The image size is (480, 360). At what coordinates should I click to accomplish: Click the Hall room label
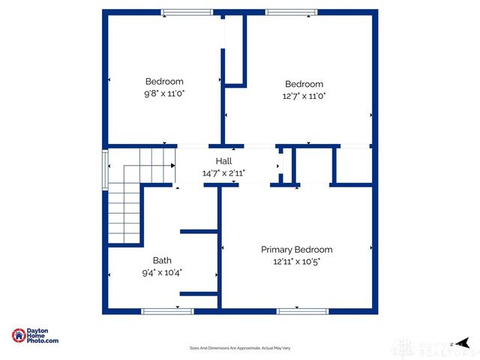click(x=223, y=161)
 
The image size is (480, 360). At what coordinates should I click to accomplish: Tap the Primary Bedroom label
click(x=296, y=250)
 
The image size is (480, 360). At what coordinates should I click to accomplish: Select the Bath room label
click(x=163, y=260)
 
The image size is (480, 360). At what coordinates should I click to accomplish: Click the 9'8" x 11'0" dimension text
click(x=164, y=94)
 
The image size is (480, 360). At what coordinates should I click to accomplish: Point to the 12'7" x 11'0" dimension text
click(x=304, y=96)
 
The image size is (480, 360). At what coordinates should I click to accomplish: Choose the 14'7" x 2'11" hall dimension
click(x=223, y=173)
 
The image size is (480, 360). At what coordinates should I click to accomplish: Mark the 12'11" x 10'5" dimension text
click(x=296, y=262)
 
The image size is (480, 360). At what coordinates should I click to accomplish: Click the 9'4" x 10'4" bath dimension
click(x=163, y=272)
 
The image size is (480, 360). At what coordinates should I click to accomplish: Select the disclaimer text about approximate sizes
click(x=239, y=348)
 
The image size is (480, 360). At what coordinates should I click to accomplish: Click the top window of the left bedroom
click(x=187, y=12)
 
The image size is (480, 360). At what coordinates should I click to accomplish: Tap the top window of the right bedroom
click(x=291, y=12)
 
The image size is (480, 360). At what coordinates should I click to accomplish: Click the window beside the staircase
click(x=105, y=161)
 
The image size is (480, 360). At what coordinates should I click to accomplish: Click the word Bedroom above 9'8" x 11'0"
click(x=164, y=82)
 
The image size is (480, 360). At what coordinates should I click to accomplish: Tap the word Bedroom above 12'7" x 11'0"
click(x=304, y=84)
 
